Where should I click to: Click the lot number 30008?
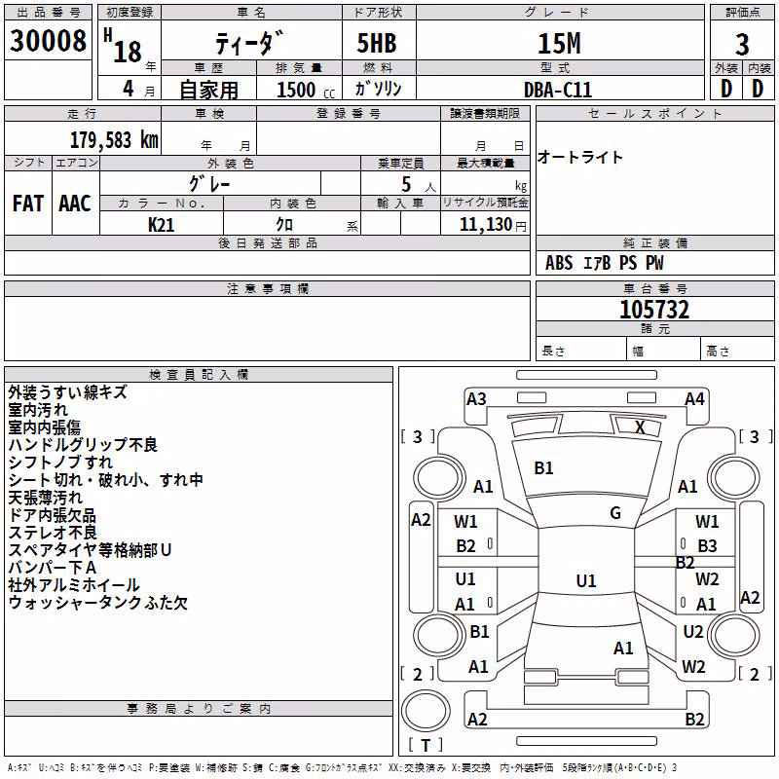pyautogui.click(x=48, y=41)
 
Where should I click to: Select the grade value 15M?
pyautogui.click(x=559, y=44)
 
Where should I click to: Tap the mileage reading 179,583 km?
pyautogui.click(x=114, y=140)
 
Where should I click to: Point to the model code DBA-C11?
pyautogui.click(x=558, y=90)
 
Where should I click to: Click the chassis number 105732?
pyautogui.click(x=654, y=310)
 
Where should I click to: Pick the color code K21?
pyautogui.click(x=161, y=225)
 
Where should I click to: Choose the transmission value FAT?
pyautogui.click(x=28, y=204)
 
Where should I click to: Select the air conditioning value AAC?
pyautogui.click(x=75, y=204)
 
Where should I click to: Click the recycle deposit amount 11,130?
pyautogui.click(x=485, y=225)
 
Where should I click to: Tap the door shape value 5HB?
pyautogui.click(x=377, y=43)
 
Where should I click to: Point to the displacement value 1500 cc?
pyautogui.click(x=306, y=90)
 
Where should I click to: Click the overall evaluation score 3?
pyautogui.click(x=742, y=45)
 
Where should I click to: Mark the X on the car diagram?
pyautogui.click(x=640, y=427)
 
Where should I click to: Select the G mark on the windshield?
pyautogui.click(x=615, y=513)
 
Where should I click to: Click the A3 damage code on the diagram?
pyautogui.click(x=476, y=399)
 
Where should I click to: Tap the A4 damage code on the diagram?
pyautogui.click(x=694, y=399)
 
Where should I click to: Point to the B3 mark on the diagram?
pyautogui.click(x=707, y=546)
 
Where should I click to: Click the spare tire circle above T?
pyautogui.click(x=426, y=711)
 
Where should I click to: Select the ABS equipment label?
pyautogui.click(x=559, y=263)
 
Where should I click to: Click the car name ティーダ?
pyautogui.click(x=249, y=43)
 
